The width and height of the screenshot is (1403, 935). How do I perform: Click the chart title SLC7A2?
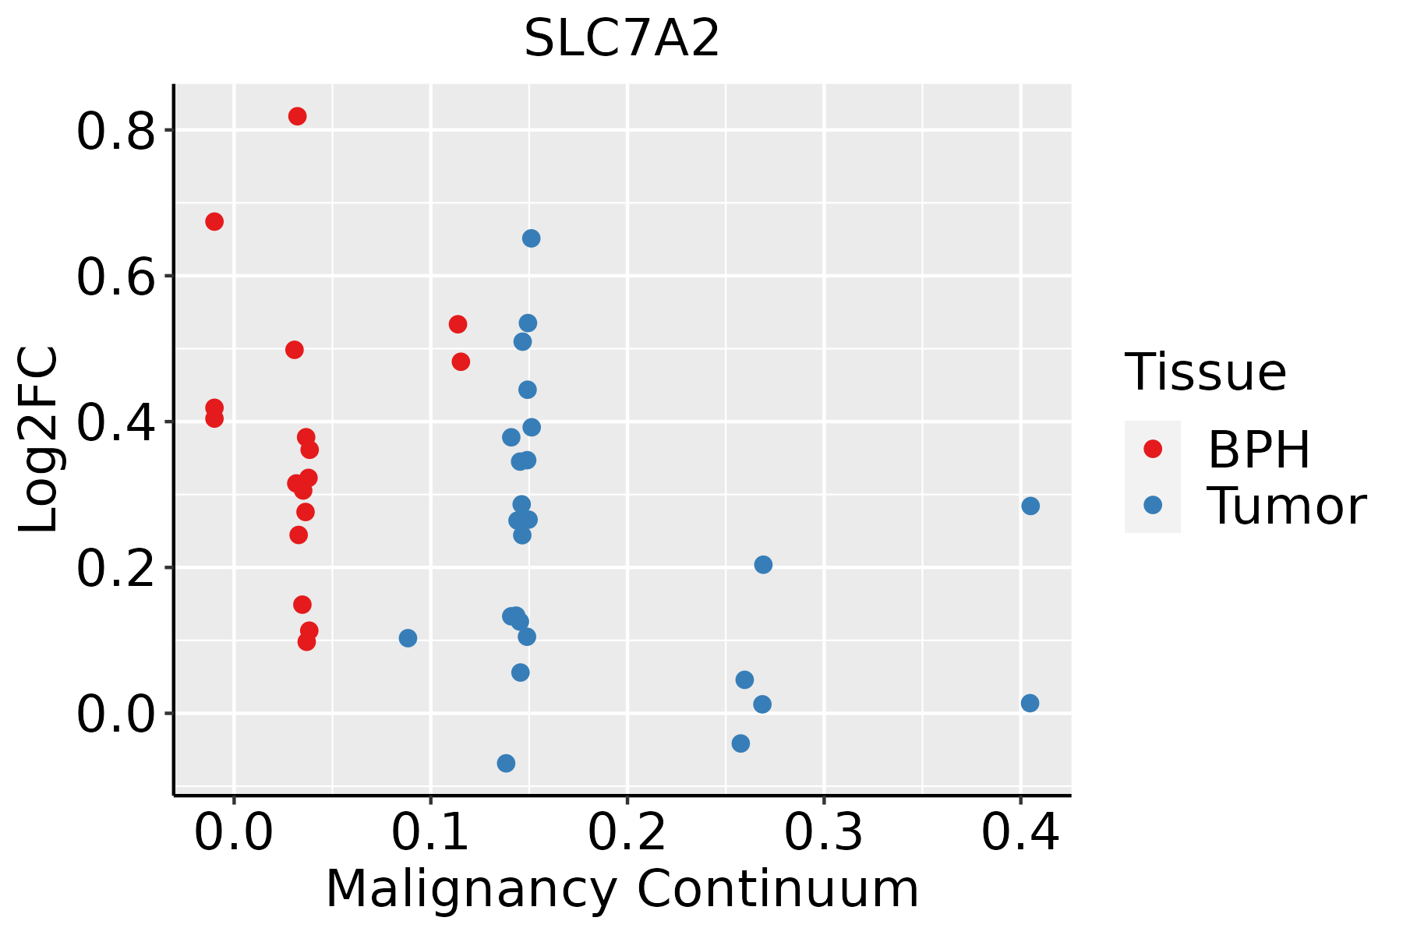pyautogui.click(x=621, y=38)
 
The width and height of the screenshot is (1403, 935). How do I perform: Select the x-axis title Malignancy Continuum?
pyautogui.click(x=621, y=889)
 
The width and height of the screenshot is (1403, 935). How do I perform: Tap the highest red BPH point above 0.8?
pyautogui.click(x=297, y=116)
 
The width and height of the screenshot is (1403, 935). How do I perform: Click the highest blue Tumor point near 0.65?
pyautogui.click(x=531, y=238)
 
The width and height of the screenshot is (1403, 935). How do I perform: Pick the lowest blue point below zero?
pyautogui.click(x=506, y=763)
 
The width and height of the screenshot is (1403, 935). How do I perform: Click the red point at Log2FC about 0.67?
pyautogui.click(x=214, y=222)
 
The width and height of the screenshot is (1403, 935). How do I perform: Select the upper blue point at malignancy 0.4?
pyautogui.click(x=1030, y=506)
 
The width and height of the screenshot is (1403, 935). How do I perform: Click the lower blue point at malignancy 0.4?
pyautogui.click(x=1030, y=704)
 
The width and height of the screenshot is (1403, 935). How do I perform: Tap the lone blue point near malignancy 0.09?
pyautogui.click(x=408, y=638)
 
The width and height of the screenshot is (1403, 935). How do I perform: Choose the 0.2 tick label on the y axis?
pyautogui.click(x=115, y=570)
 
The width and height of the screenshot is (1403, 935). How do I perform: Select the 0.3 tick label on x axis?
pyautogui.click(x=823, y=833)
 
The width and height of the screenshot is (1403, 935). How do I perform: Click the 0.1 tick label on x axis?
pyautogui.click(x=430, y=833)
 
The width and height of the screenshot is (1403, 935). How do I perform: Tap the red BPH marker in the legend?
pyautogui.click(x=1152, y=449)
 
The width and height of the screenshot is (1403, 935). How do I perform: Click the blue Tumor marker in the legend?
pyautogui.click(x=1152, y=505)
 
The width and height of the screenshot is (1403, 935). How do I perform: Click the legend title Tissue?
pyautogui.click(x=1205, y=372)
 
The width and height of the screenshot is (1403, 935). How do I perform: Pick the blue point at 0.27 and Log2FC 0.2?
pyautogui.click(x=763, y=565)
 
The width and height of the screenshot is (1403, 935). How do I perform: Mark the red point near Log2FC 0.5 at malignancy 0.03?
pyautogui.click(x=294, y=350)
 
